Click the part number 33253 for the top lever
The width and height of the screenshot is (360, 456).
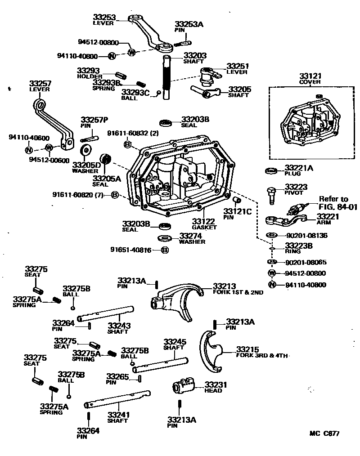104,17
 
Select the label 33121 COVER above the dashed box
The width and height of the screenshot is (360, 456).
310,78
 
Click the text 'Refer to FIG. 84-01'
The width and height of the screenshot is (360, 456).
337,203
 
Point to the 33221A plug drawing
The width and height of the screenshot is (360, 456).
271,170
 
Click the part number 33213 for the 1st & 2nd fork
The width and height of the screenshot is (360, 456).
224,286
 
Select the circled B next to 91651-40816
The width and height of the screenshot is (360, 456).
165,250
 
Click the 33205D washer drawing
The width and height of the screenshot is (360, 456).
85,150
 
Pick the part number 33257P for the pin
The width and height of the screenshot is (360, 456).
94,120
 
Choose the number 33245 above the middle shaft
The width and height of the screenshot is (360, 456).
175,342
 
